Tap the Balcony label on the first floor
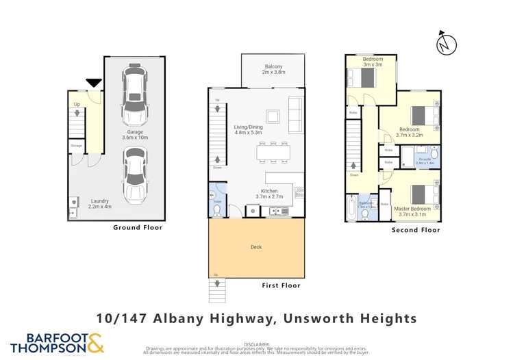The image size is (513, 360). click(x=273, y=69)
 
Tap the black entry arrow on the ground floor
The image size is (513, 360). click(x=94, y=83)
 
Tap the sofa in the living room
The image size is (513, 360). click(x=295, y=115)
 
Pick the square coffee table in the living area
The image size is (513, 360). click(x=273, y=115)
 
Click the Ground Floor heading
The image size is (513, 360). click(x=138, y=228)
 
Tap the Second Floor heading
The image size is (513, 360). click(x=415, y=231)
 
